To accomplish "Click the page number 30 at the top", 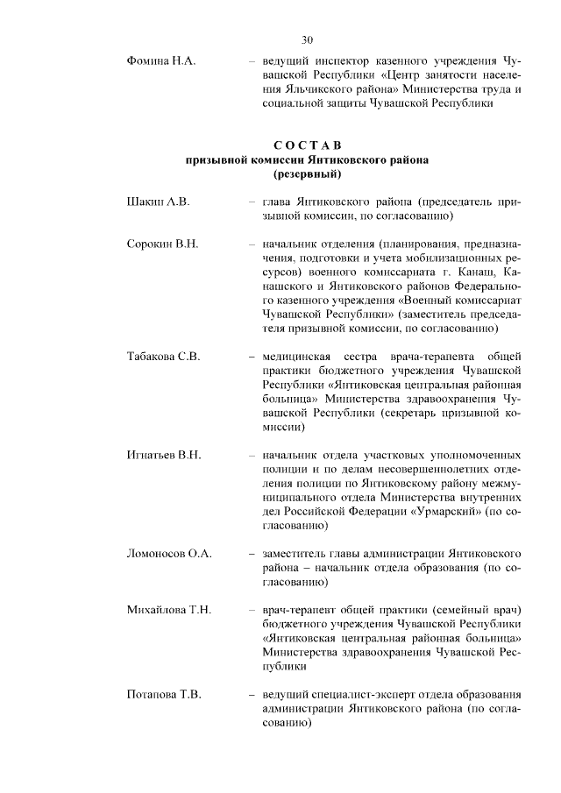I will (x=307, y=39).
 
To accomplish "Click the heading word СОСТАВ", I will (x=307, y=145).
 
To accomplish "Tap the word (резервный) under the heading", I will (x=307, y=174).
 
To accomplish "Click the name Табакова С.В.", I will (x=165, y=357).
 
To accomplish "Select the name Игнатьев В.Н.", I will (x=165, y=456).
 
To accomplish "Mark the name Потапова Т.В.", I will (x=165, y=695).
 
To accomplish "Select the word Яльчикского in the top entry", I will (x=324, y=89).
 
